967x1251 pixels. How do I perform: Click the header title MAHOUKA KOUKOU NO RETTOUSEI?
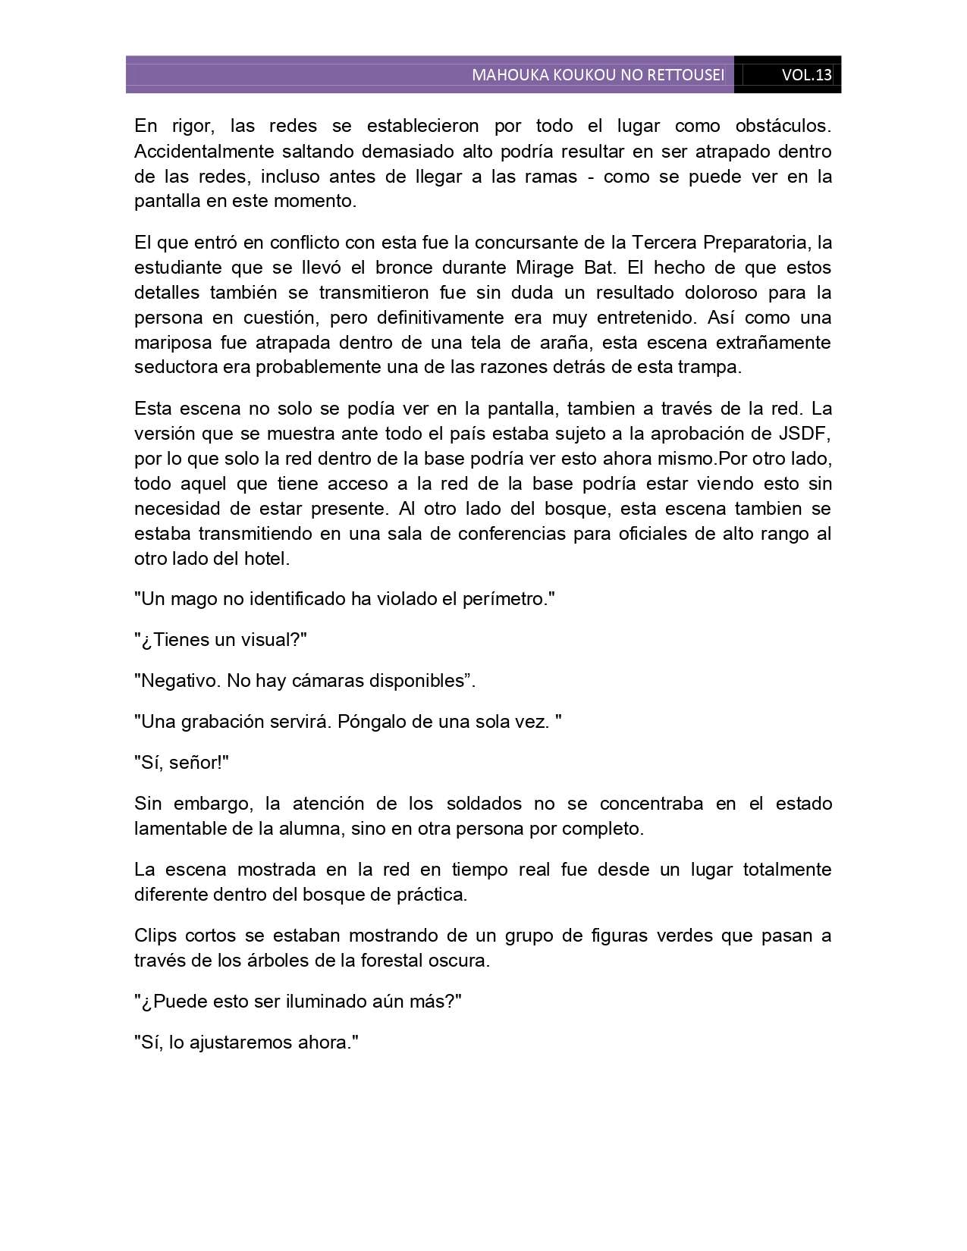[x=598, y=75]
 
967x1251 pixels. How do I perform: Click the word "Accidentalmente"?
[x=199, y=151]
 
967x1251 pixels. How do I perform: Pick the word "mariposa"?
[x=171, y=342]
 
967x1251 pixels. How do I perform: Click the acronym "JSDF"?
[x=809, y=434]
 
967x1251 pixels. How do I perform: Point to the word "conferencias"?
[x=498, y=534]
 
